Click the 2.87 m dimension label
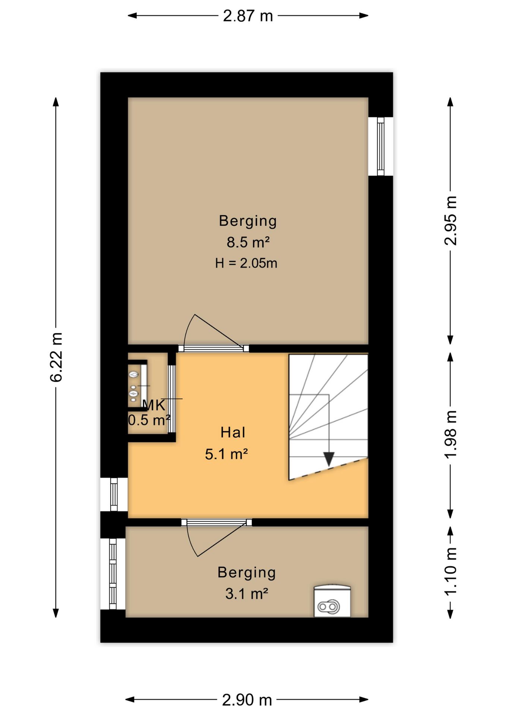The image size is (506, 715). tap(248, 16)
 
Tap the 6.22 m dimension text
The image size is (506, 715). tap(56, 357)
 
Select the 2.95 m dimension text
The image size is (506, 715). tap(450, 220)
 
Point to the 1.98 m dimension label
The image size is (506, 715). tap(450, 434)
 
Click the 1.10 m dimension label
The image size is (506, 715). tap(450, 572)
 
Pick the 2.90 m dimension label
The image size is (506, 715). tap(247, 700)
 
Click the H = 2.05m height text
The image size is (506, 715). tap(246, 263)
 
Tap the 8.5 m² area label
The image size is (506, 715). tap(248, 242)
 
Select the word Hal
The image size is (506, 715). tap(233, 432)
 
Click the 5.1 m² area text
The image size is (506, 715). tap(227, 454)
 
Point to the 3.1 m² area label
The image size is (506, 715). tap(247, 594)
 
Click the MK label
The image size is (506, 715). tap(154, 405)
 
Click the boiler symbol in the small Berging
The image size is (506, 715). tap(332, 601)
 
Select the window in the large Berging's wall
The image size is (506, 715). tap(380, 146)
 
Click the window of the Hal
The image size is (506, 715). tap(114, 494)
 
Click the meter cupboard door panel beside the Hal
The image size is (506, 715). tap(171, 399)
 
